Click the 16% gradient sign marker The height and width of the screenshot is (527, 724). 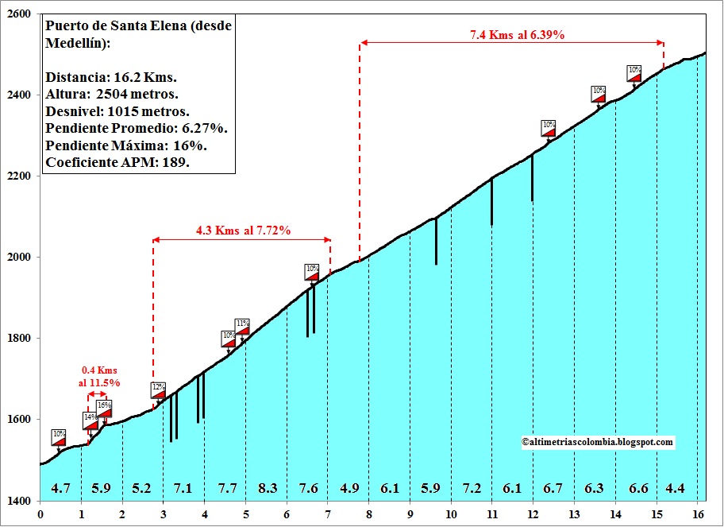pyautogui.click(x=105, y=408)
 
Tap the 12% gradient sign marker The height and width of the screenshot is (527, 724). pyautogui.click(x=159, y=389)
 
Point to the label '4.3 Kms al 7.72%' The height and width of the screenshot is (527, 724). pyautogui.click(x=243, y=231)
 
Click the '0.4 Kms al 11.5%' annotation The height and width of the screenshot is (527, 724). pyautogui.click(x=99, y=376)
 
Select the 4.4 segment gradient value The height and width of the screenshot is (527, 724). pyautogui.click(x=676, y=488)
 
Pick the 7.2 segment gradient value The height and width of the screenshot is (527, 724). pyautogui.click(x=472, y=488)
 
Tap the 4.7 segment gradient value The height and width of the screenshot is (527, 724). pyautogui.click(x=60, y=488)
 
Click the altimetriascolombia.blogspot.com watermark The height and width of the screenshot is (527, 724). pyautogui.click(x=597, y=442)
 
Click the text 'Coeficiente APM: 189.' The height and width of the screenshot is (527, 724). pyautogui.click(x=117, y=162)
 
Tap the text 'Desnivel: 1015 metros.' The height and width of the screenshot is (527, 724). pyautogui.click(x=117, y=111)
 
